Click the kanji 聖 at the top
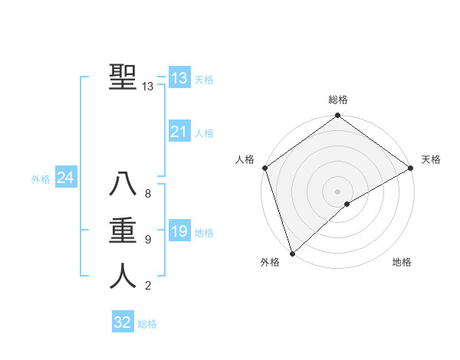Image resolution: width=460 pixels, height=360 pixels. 123,77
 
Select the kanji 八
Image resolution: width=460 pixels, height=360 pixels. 123,185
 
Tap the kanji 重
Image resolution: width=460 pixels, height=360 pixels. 123,230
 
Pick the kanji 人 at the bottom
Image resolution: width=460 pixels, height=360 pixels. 123,276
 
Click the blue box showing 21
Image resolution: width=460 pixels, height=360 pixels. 179,132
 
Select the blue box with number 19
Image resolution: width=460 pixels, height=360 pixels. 179,231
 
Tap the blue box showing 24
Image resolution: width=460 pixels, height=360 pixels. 65,178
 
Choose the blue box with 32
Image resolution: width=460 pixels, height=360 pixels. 123,322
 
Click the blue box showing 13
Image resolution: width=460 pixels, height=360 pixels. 179,78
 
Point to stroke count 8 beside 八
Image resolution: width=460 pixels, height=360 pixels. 148,194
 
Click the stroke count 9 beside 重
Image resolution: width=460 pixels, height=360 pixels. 148,240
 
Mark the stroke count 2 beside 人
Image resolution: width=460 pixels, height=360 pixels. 148,286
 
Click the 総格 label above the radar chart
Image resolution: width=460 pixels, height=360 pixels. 338,100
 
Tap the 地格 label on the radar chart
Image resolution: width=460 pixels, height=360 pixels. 402,263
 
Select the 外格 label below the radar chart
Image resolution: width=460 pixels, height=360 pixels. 270,263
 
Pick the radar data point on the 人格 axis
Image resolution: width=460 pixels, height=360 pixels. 264,168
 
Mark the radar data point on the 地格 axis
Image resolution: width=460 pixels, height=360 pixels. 347,204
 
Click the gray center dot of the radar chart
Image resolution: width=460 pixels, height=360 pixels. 337,191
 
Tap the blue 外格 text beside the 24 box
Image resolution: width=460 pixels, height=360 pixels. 41,179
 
